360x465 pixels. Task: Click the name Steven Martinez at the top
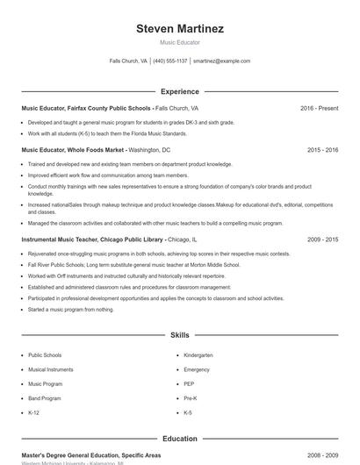(x=180, y=28)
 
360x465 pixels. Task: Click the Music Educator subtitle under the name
(x=180, y=42)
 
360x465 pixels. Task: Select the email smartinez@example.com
(x=222, y=61)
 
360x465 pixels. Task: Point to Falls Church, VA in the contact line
(x=128, y=61)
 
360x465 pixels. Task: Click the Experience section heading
(x=180, y=91)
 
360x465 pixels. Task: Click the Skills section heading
(x=180, y=335)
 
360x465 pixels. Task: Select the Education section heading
(x=180, y=439)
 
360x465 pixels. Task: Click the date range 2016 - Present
(x=319, y=108)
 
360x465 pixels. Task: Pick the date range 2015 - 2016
(x=322, y=150)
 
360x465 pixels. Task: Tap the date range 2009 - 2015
(x=322, y=239)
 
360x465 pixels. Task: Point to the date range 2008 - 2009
(x=322, y=455)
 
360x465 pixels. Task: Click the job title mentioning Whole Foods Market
(x=75, y=150)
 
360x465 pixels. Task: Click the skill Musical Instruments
(x=50, y=369)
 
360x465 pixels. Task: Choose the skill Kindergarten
(x=198, y=355)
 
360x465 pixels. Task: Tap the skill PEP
(x=189, y=383)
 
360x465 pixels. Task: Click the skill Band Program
(x=45, y=397)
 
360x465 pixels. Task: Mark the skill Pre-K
(x=190, y=397)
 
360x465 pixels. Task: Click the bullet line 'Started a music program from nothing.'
(x=71, y=309)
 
